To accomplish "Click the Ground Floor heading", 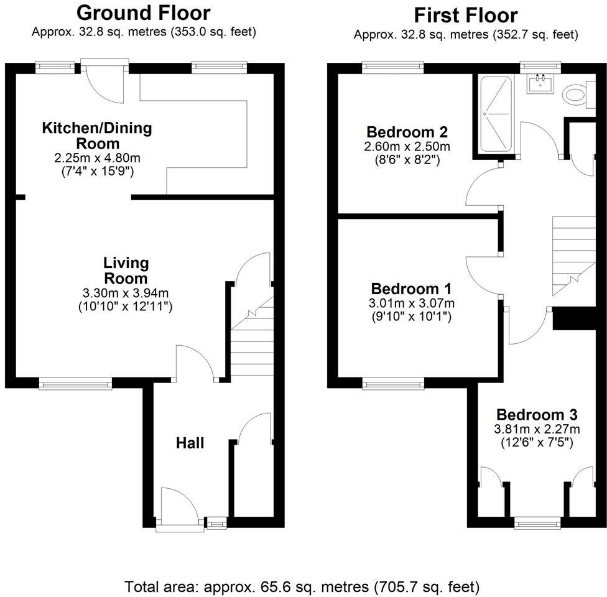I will (143, 12).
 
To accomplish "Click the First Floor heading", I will (465, 14).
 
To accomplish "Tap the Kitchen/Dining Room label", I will (96, 136).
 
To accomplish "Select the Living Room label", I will (126, 271).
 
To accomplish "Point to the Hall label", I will (190, 443).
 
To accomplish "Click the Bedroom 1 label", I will (411, 289).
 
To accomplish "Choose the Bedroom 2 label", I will (407, 132).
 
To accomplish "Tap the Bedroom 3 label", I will (537, 415).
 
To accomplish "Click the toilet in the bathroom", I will (575, 95).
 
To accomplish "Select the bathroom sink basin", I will (540, 83).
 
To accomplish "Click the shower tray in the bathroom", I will (496, 114).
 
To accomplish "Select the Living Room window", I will (75, 384).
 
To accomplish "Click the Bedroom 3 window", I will (537, 524).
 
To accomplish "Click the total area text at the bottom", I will (302, 586).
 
